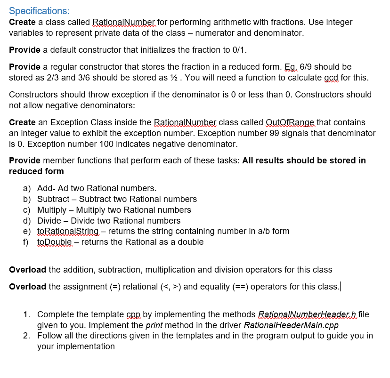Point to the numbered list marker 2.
[27, 336]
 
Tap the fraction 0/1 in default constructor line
[240, 50]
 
